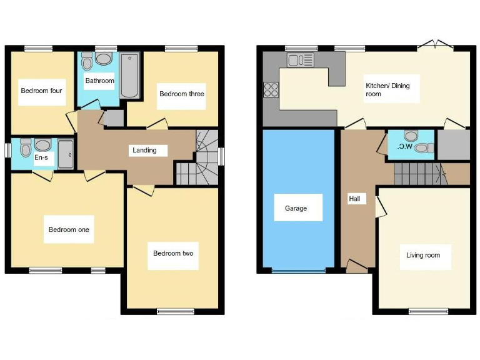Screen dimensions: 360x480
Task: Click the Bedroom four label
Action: [x=41, y=91]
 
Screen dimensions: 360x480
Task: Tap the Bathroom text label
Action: [x=100, y=81]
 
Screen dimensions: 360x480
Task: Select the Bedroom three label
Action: [x=181, y=94]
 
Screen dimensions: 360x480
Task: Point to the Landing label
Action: [x=143, y=150]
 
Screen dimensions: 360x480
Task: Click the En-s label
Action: [x=41, y=158]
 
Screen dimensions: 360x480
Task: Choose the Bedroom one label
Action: [x=69, y=229]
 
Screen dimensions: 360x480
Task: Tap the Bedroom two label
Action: [x=173, y=253]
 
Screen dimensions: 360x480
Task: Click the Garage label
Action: [x=296, y=208]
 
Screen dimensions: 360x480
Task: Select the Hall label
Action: [x=354, y=199]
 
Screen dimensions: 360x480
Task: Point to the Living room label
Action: [x=423, y=255]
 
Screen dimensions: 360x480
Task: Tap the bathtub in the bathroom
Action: [x=129, y=76]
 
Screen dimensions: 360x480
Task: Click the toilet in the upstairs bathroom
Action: [x=87, y=62]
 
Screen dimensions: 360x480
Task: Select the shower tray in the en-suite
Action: [x=65, y=154]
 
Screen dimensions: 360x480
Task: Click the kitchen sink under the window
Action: [x=300, y=61]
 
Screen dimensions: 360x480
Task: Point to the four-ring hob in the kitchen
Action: [x=271, y=90]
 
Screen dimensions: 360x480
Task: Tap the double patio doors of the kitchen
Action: [x=435, y=45]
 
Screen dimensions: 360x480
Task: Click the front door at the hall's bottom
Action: [x=356, y=268]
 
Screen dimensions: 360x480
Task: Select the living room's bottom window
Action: [x=428, y=311]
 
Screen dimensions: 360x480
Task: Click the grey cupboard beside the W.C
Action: [x=453, y=144]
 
